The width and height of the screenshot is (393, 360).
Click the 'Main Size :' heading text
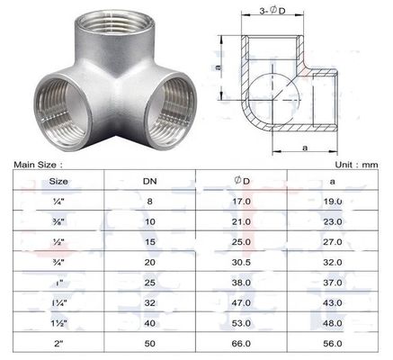click(x=37, y=165)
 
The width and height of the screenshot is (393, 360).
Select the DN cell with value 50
click(x=151, y=344)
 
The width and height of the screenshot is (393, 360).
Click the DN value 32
click(x=151, y=301)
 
